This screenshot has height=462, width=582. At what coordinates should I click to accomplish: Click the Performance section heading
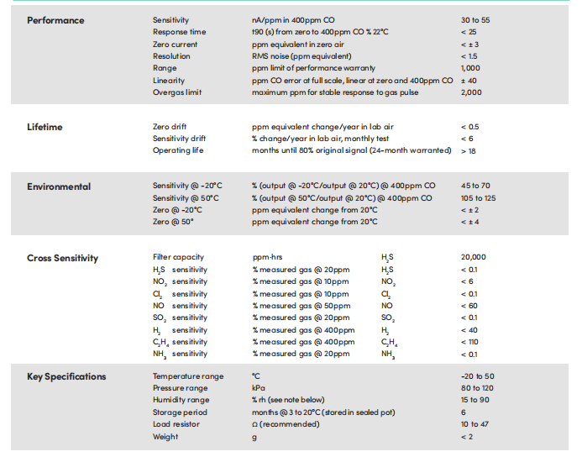click(x=55, y=20)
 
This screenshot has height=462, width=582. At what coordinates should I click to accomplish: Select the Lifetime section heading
click(x=45, y=127)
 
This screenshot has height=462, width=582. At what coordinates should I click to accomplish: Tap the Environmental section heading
click(x=59, y=186)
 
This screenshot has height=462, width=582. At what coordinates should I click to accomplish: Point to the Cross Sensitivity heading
click(x=62, y=258)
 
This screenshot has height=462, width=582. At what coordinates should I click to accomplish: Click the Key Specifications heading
click(x=66, y=376)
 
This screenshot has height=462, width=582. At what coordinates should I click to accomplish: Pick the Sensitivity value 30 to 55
click(x=475, y=20)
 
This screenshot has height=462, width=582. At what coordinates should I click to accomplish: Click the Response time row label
click(x=179, y=32)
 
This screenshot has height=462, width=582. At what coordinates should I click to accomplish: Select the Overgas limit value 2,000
click(x=471, y=92)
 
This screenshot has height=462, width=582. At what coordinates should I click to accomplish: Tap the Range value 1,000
click(x=470, y=68)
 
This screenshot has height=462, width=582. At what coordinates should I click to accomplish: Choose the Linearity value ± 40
click(x=469, y=81)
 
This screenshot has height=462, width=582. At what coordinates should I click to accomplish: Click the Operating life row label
click(x=178, y=150)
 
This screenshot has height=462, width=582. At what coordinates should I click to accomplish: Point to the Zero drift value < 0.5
click(x=470, y=127)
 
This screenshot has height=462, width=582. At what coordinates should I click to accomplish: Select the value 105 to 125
click(x=479, y=198)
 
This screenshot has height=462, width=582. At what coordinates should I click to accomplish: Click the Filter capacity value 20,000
click(x=474, y=257)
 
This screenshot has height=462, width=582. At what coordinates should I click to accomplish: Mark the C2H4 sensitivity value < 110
click(x=469, y=342)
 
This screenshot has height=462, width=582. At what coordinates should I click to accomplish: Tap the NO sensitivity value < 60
click(x=469, y=306)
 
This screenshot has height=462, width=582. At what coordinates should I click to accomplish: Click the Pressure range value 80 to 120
click(x=477, y=388)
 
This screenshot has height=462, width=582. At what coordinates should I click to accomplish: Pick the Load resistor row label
click(x=176, y=424)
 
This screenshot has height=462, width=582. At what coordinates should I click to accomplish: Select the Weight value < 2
click(x=467, y=437)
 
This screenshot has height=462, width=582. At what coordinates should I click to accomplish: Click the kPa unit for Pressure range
click(x=259, y=388)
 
